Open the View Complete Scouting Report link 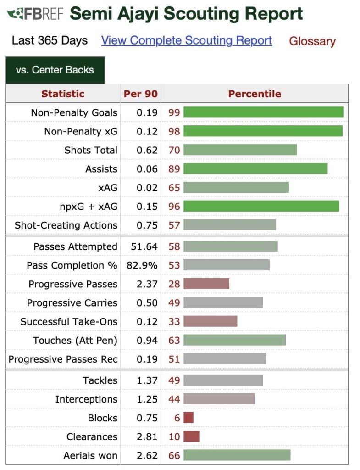click(x=187, y=40)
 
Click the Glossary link click(x=312, y=41)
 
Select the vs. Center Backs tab click(x=55, y=70)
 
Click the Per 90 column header click(x=141, y=94)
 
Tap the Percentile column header click(x=255, y=94)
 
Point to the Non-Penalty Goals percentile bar click(x=263, y=112)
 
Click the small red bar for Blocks click(x=188, y=418)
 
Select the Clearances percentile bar click(x=192, y=436)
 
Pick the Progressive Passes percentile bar click(x=206, y=284)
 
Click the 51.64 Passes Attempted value click(x=144, y=246)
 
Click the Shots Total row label click(x=91, y=150)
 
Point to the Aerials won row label click(x=90, y=455)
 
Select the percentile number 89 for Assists click(x=174, y=169)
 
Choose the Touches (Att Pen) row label click(x=75, y=340)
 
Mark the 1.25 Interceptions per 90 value click(x=147, y=399)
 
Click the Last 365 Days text click(x=50, y=40)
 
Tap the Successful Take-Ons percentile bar click(x=210, y=321)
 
